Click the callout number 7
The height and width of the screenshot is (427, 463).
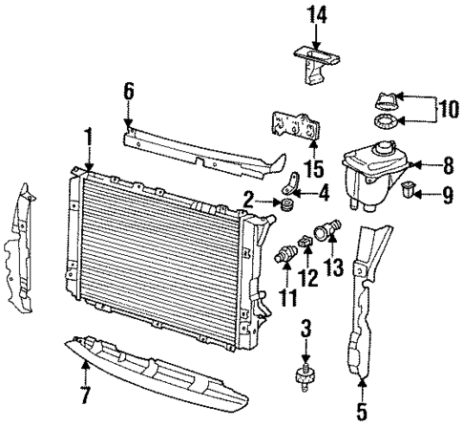click(x=87, y=394)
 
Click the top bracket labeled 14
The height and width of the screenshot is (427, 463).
click(x=315, y=63)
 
